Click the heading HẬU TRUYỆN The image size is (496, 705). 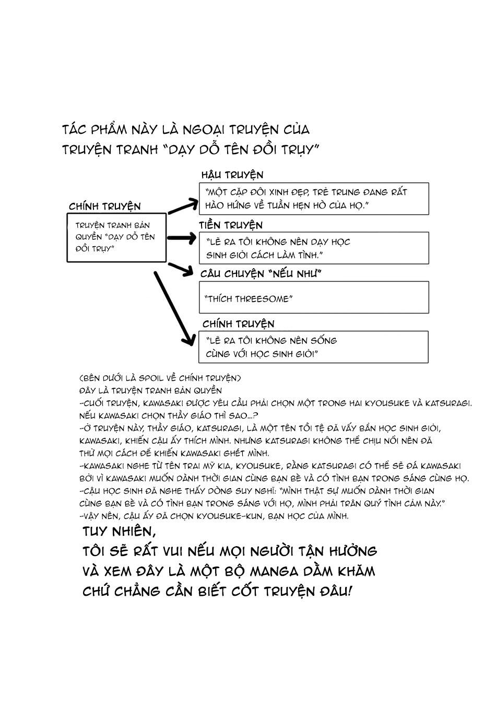click(232, 175)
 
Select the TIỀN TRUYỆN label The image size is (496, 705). click(231, 225)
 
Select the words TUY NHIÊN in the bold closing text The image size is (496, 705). click(120, 531)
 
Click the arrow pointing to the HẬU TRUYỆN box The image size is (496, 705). click(183, 205)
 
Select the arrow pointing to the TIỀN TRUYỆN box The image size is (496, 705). click(180, 239)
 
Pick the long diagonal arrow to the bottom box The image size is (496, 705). click(172, 308)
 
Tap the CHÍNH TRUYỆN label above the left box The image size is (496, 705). click(104, 206)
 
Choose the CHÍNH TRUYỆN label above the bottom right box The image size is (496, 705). click(238, 324)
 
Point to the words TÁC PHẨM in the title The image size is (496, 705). click(92, 129)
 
